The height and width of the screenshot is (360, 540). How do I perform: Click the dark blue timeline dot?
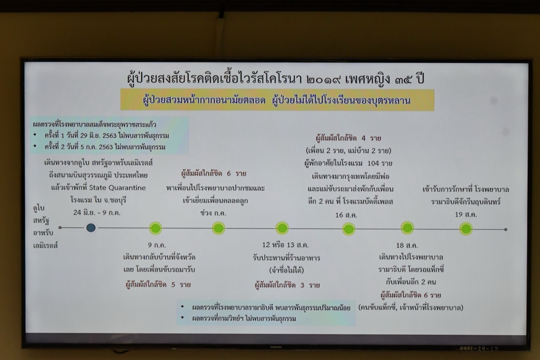[x=91, y=227]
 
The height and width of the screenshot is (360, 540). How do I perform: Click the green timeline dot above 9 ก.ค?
[x=155, y=228]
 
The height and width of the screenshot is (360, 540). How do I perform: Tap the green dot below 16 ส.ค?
[x=348, y=229]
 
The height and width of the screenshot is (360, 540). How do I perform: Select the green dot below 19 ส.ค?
[x=466, y=229]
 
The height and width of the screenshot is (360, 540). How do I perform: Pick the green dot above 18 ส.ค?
[x=407, y=228]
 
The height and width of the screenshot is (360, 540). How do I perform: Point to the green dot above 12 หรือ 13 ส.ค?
[x=282, y=228]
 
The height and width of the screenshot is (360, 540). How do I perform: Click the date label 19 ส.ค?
[x=466, y=215]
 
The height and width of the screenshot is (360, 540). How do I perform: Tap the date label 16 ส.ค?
[x=346, y=215]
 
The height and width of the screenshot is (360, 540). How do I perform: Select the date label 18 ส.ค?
[x=407, y=245]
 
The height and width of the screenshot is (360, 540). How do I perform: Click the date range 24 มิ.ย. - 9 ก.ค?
[x=97, y=212]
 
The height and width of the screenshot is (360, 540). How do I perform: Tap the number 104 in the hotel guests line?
[x=373, y=163]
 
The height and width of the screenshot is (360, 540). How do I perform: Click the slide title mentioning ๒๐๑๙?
[x=275, y=79]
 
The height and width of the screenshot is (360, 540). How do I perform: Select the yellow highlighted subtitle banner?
[x=277, y=100]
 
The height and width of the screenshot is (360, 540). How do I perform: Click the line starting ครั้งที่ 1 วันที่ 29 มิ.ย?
[x=107, y=135]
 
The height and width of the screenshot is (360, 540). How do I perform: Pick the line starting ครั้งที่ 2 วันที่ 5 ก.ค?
[x=105, y=147]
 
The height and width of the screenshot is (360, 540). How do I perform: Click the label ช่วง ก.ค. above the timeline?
[x=213, y=213]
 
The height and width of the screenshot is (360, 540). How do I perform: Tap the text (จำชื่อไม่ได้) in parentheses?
[x=286, y=270]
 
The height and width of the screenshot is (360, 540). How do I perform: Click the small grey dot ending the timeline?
[x=505, y=229]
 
